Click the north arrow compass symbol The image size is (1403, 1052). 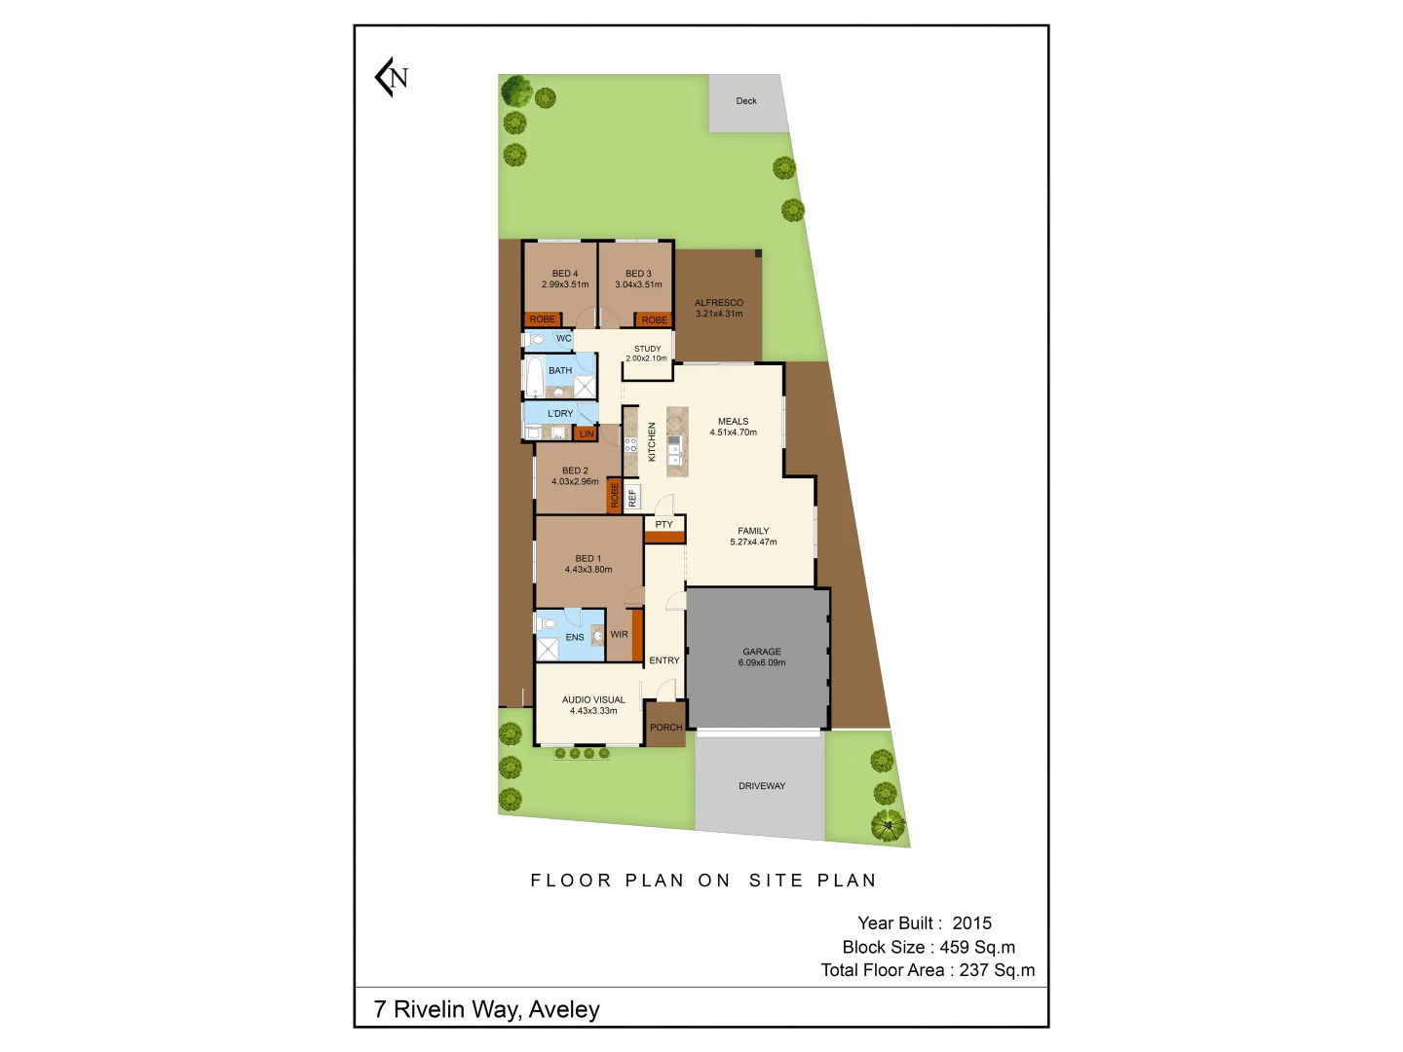click(392, 77)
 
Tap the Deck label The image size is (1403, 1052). click(746, 101)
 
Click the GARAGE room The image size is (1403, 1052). click(761, 657)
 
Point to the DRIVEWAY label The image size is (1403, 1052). click(762, 786)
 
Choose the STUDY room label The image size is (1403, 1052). click(647, 349)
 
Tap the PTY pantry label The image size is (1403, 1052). click(664, 525)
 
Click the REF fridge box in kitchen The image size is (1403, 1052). click(632, 498)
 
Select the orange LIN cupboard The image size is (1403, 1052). click(586, 434)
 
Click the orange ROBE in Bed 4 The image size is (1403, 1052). click(543, 319)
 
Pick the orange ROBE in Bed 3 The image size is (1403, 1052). click(654, 319)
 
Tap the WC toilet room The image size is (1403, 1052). click(550, 339)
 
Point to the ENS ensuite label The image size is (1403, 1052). click(575, 638)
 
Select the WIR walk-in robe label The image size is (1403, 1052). click(619, 634)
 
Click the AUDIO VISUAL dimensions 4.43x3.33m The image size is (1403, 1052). click(593, 711)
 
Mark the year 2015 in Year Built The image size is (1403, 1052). click(971, 923)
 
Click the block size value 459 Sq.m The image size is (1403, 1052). click(977, 947)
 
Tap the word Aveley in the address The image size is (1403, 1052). click(564, 1010)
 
